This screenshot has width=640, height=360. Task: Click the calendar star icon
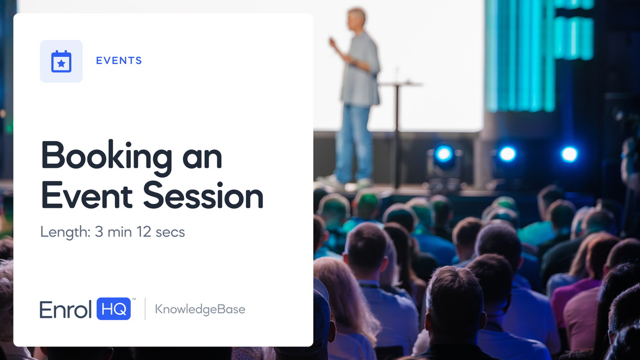(x=61, y=61)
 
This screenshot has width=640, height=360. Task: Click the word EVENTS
(x=119, y=61)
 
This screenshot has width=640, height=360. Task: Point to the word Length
(x=65, y=233)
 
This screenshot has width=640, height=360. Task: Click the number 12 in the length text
(x=144, y=232)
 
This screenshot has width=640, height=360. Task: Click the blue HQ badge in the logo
(x=113, y=309)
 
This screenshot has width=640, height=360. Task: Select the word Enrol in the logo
(x=65, y=309)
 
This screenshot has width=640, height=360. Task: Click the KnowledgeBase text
(x=200, y=309)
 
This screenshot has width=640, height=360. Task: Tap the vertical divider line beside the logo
(x=145, y=309)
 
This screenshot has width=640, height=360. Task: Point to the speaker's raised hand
(x=333, y=43)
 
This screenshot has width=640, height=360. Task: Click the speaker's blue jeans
(x=354, y=143)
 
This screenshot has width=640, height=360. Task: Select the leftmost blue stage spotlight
(x=444, y=154)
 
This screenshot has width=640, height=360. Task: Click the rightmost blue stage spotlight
(x=569, y=154)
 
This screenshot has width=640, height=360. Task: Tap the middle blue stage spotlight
(x=508, y=154)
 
